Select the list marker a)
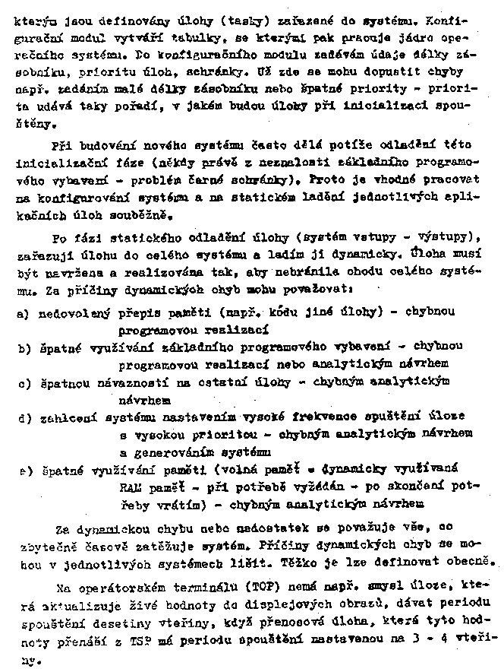click(x=24, y=314)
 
